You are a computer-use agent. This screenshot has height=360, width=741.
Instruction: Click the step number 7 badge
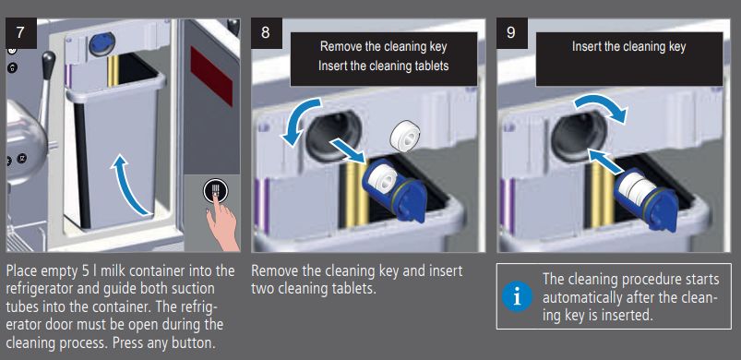click(21, 33)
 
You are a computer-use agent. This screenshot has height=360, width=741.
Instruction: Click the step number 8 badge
click(266, 33)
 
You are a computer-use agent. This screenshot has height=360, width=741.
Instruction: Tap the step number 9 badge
click(512, 33)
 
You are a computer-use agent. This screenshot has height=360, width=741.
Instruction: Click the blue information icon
click(517, 296)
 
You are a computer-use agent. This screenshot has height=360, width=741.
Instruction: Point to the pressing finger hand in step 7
click(221, 222)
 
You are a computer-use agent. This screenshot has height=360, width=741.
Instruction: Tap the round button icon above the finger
click(216, 191)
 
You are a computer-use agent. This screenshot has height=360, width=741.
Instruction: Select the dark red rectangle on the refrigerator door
click(211, 76)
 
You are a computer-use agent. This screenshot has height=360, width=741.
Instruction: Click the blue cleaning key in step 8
click(395, 189)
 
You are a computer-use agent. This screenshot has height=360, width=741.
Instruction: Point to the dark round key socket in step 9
click(579, 136)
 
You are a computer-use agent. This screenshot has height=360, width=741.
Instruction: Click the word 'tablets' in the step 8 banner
click(431, 66)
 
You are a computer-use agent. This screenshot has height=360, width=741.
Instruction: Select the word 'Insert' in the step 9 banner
click(587, 46)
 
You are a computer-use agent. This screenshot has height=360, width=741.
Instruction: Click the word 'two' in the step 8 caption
click(261, 288)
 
